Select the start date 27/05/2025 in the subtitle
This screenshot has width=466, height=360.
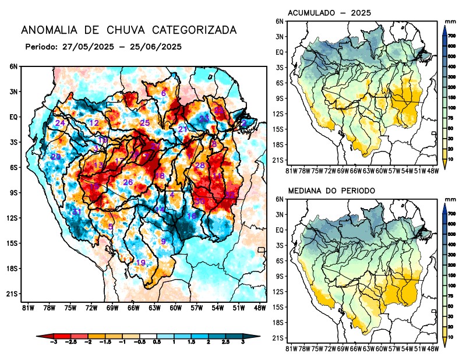click(87, 46)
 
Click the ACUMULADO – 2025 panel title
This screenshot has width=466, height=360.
click(330, 13)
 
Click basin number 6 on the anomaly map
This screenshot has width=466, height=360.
click(164, 94)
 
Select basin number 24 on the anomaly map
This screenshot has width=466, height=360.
click(60, 123)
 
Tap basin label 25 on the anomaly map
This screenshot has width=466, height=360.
click(145, 122)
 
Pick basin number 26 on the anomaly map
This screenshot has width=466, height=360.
click(128, 182)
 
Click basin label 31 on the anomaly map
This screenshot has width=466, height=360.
click(76, 211)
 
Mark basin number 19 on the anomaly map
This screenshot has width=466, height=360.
click(140, 263)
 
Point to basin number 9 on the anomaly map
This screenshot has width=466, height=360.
click(164, 241)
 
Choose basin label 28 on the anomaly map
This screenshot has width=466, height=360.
click(200, 165)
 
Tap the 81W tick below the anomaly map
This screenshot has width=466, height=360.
click(27, 307)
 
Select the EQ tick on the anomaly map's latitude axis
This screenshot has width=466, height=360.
click(13, 117)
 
